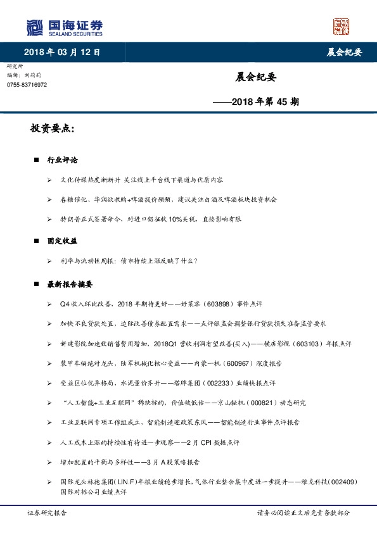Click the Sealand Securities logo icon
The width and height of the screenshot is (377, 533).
click(x=34, y=27)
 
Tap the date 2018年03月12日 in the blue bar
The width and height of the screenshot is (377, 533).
click(x=62, y=52)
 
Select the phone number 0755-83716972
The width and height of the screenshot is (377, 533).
click(x=27, y=84)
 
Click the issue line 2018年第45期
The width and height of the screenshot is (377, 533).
click(x=257, y=101)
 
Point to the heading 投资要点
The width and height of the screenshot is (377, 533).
click(x=52, y=129)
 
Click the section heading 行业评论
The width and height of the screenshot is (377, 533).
click(x=62, y=160)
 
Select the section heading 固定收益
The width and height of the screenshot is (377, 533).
click(x=62, y=241)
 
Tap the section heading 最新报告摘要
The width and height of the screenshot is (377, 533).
click(x=70, y=284)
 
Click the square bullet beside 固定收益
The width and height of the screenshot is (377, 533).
click(x=37, y=241)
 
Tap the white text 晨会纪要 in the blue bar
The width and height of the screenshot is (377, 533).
click(x=339, y=52)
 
